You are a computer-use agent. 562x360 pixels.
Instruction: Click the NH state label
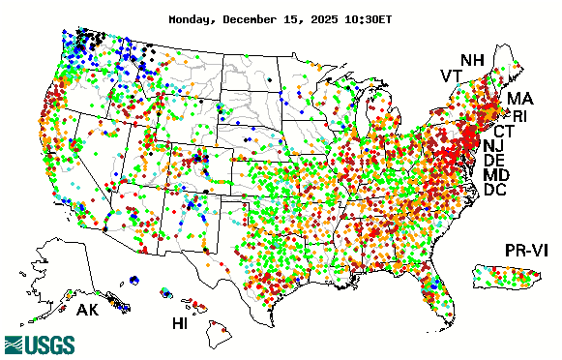(x=472, y=60)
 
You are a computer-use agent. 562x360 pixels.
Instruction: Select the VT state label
(x=451, y=76)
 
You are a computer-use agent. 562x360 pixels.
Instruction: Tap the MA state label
(x=519, y=99)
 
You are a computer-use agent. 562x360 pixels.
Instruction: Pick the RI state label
(x=520, y=116)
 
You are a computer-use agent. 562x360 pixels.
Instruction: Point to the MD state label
(x=496, y=175)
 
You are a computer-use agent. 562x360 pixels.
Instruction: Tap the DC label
(x=495, y=191)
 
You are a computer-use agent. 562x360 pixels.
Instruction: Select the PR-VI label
(x=529, y=251)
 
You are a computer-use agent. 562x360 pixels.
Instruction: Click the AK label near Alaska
(x=88, y=312)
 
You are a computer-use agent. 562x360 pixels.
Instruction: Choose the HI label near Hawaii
(x=180, y=322)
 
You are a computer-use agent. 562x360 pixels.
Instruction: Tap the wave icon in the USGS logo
(x=15, y=345)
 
